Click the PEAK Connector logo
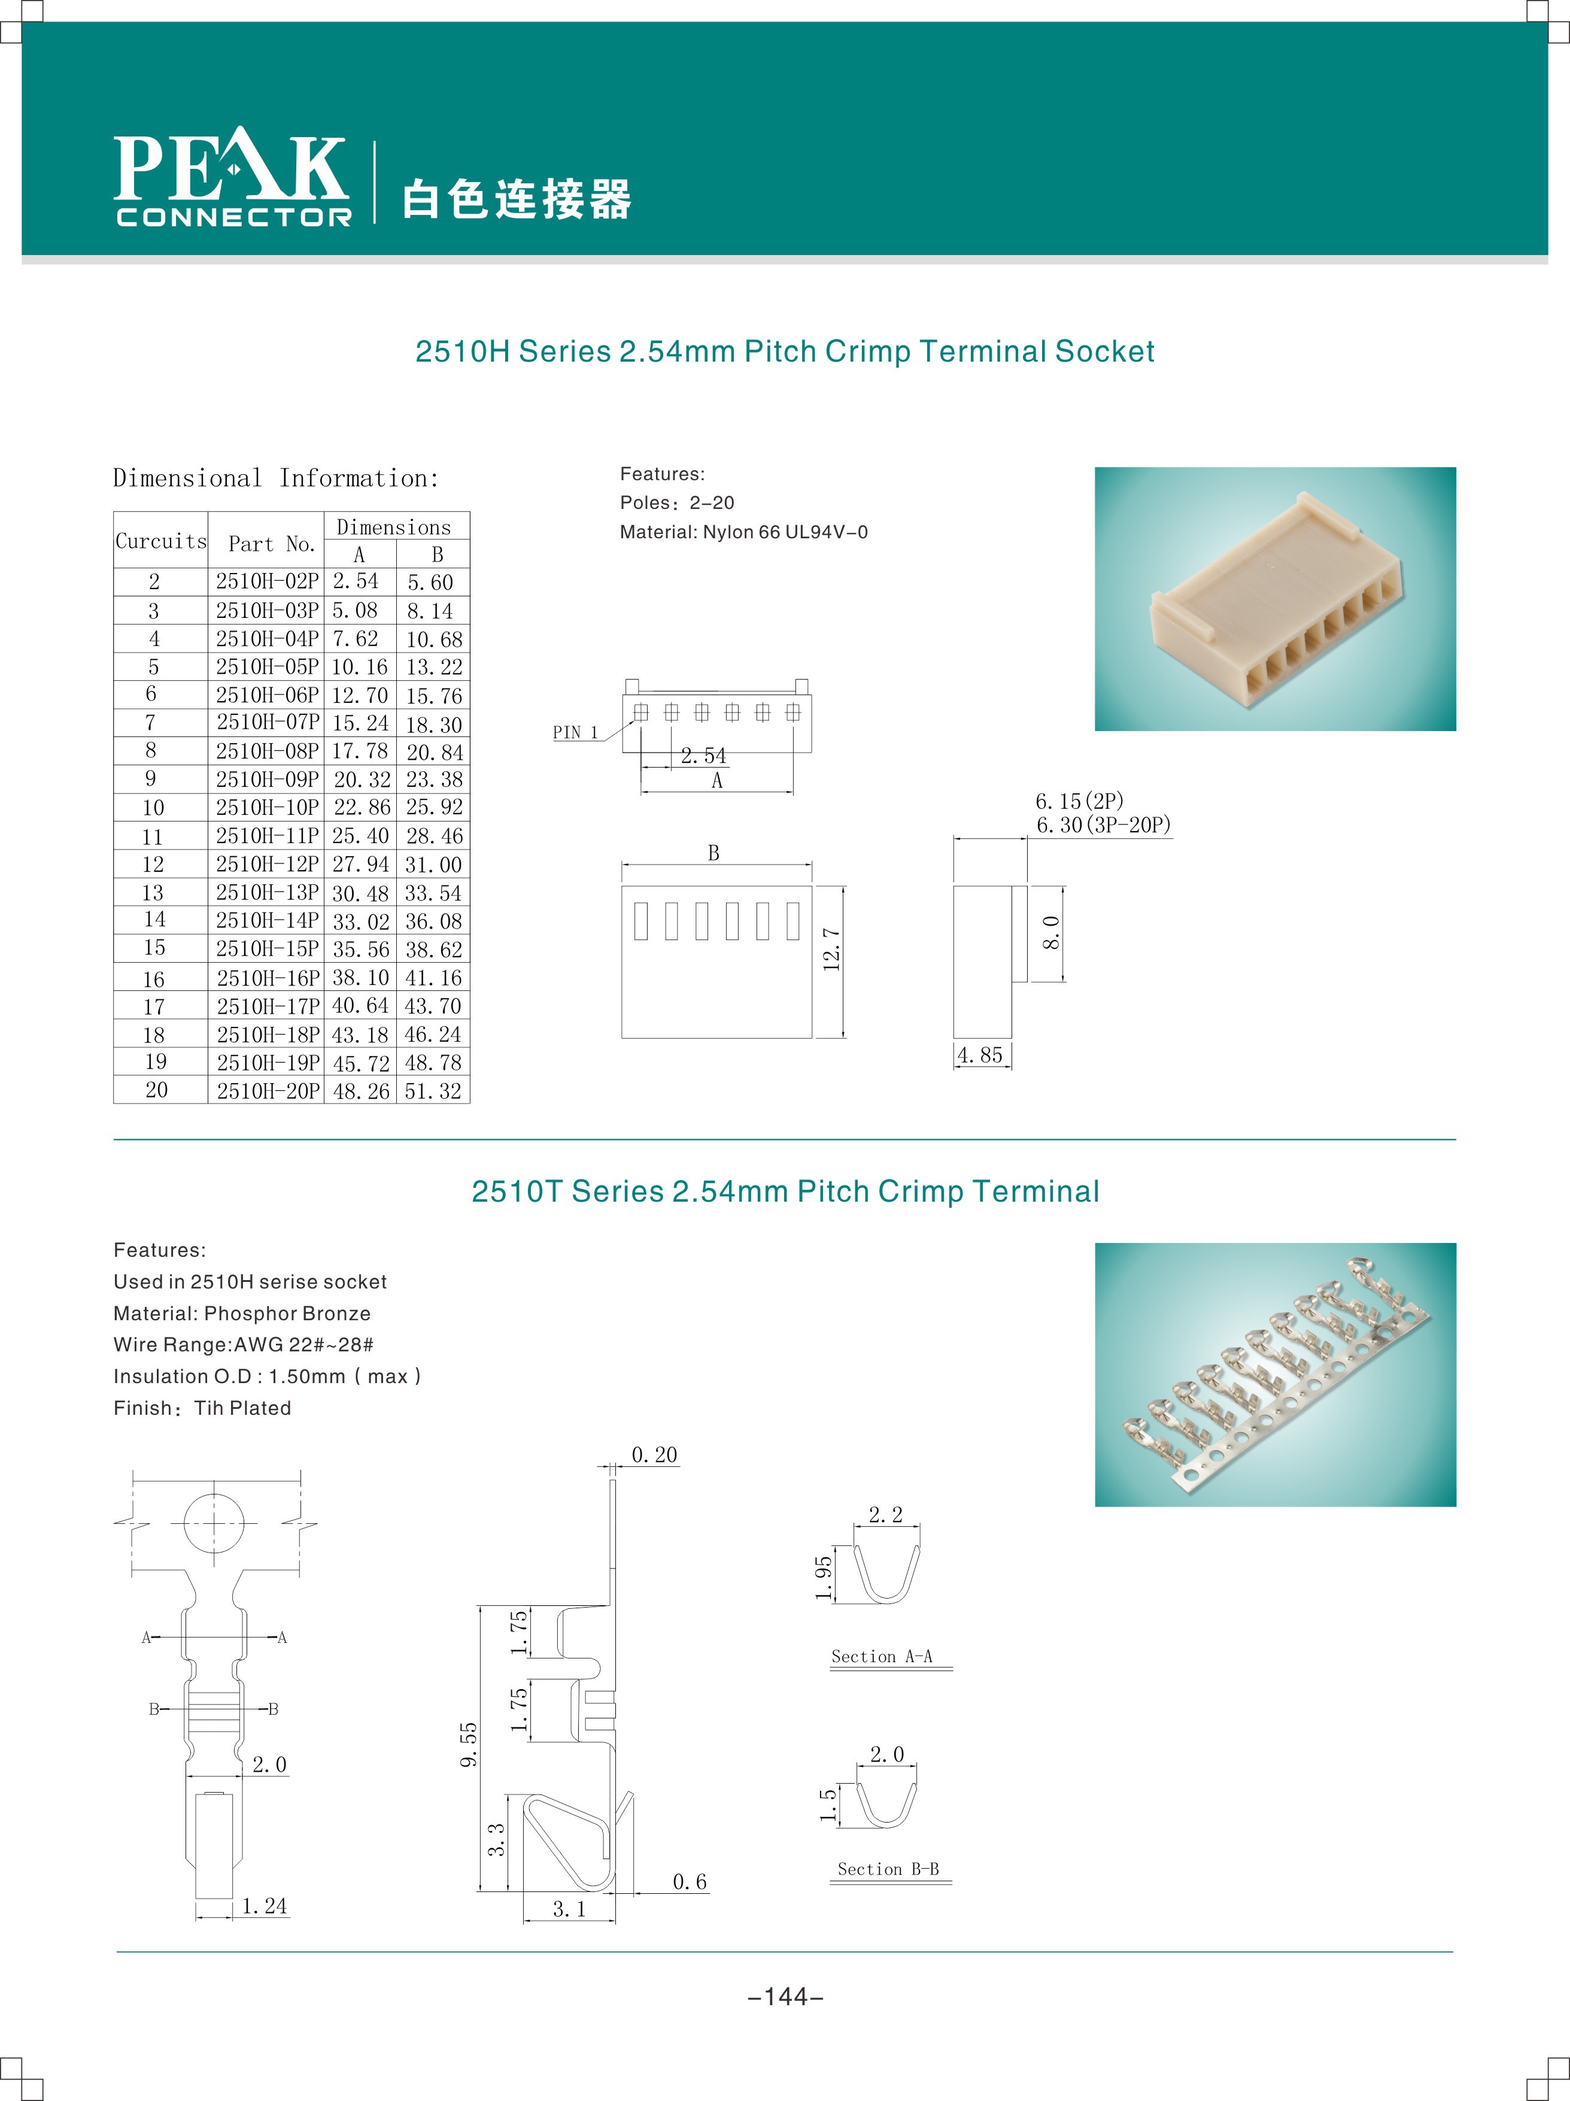click(233, 178)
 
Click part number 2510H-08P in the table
click(267, 751)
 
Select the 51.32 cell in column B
click(433, 1092)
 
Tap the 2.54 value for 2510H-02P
click(355, 581)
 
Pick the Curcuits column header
click(160, 541)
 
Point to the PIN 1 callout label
click(576, 732)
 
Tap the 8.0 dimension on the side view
click(1050, 933)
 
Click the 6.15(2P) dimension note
click(1080, 801)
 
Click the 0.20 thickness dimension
click(654, 1455)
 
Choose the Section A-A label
click(882, 1657)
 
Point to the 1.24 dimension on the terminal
click(264, 1906)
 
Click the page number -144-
click(785, 1997)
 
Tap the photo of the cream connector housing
click(1275, 599)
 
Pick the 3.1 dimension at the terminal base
click(569, 1909)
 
